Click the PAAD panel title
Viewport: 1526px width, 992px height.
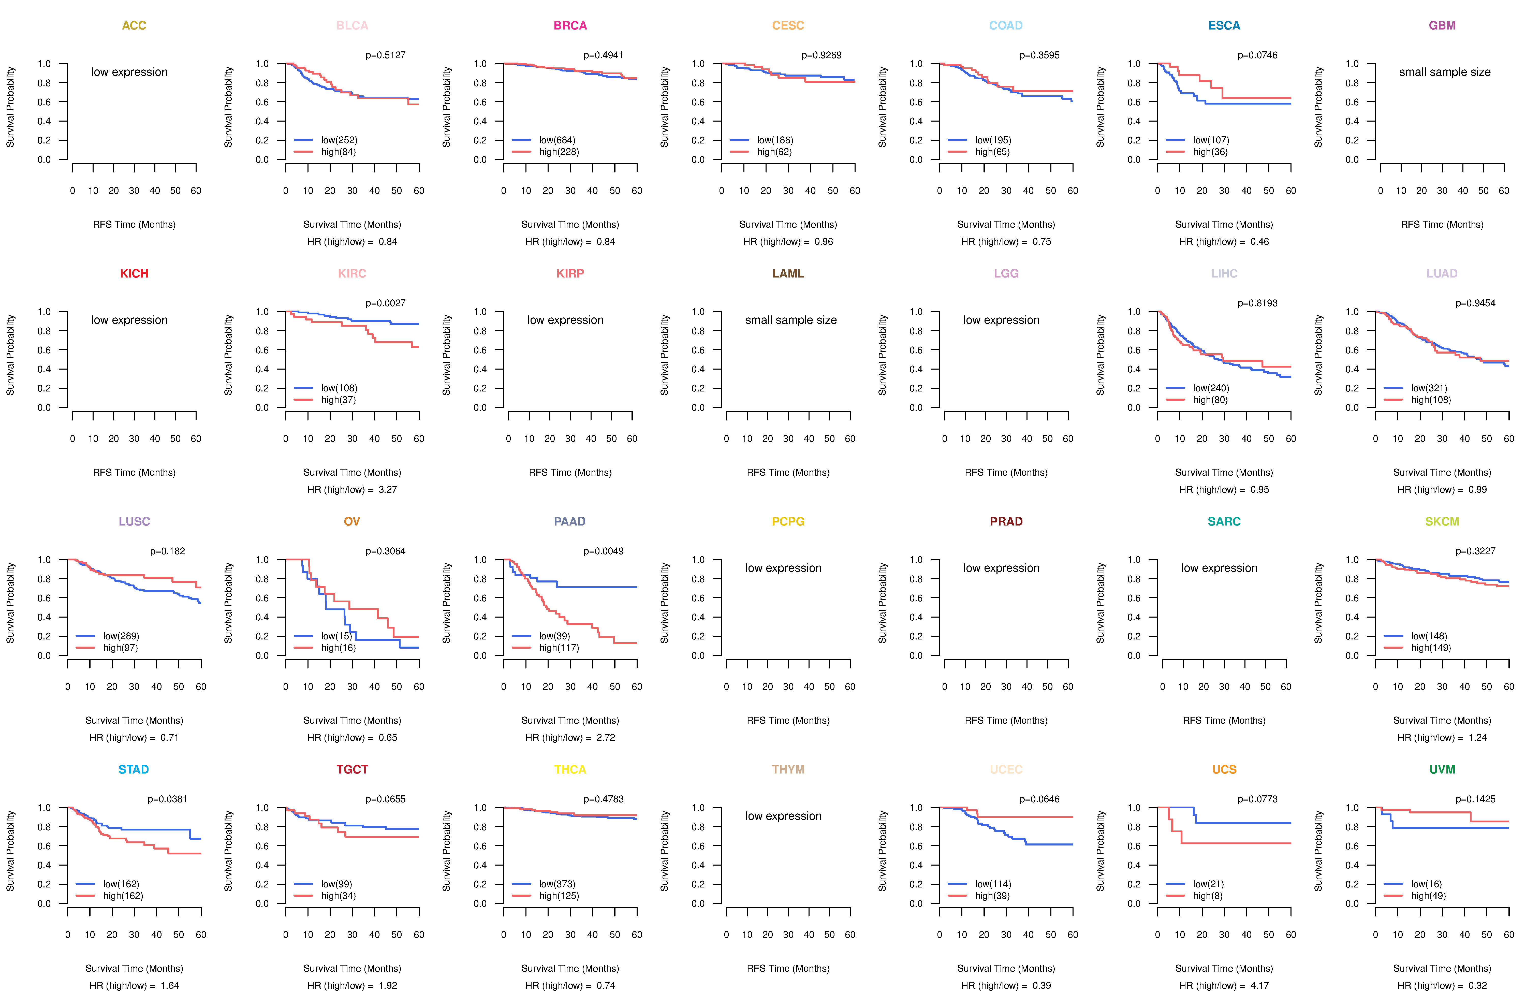click(x=569, y=521)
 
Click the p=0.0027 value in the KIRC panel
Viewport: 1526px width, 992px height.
click(x=385, y=303)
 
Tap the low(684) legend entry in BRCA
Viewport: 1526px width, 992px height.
click(x=556, y=140)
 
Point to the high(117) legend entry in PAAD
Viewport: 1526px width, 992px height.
click(x=559, y=648)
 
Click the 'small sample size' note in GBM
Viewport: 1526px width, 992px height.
click(x=1445, y=72)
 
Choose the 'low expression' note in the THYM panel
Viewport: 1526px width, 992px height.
click(x=783, y=816)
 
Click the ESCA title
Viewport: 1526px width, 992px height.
click(x=1223, y=26)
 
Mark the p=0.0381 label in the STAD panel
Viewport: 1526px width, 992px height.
click(x=167, y=799)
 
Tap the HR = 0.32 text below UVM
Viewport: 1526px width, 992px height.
click(x=1442, y=986)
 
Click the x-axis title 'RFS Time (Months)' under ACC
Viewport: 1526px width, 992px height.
click(x=134, y=224)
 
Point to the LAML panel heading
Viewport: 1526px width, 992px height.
click(x=788, y=273)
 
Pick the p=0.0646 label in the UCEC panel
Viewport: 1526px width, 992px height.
click(x=1039, y=799)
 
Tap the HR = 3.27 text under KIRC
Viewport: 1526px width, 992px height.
click(x=352, y=489)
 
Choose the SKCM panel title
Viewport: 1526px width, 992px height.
click(x=1442, y=521)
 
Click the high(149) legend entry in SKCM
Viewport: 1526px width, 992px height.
click(x=1430, y=648)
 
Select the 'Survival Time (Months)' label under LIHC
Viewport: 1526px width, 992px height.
click(x=1223, y=473)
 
